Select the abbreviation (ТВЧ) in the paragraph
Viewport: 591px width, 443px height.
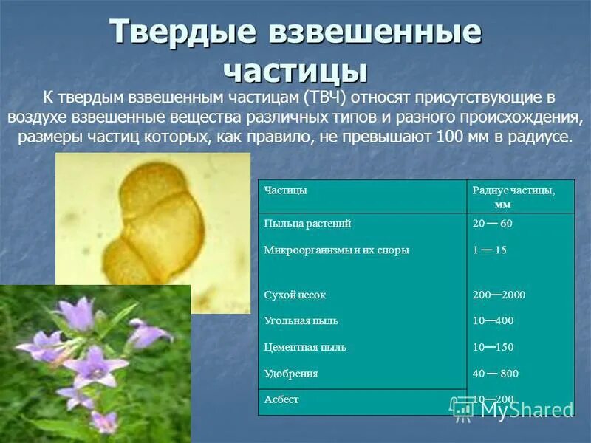[322, 97]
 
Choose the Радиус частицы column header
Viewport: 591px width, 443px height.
[513, 190]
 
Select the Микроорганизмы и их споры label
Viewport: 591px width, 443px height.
[336, 250]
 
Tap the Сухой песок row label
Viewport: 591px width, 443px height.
[295, 295]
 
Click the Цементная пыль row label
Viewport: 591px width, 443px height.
[304, 347]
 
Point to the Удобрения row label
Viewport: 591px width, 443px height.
[291, 374]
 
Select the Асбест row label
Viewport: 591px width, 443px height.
[281, 399]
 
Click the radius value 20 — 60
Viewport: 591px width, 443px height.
[491, 223]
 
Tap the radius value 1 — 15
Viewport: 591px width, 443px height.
[489, 250]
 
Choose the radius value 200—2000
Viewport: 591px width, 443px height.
[499, 295]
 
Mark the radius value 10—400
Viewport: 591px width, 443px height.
[493, 321]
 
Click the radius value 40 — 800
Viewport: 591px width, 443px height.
[495, 374]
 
